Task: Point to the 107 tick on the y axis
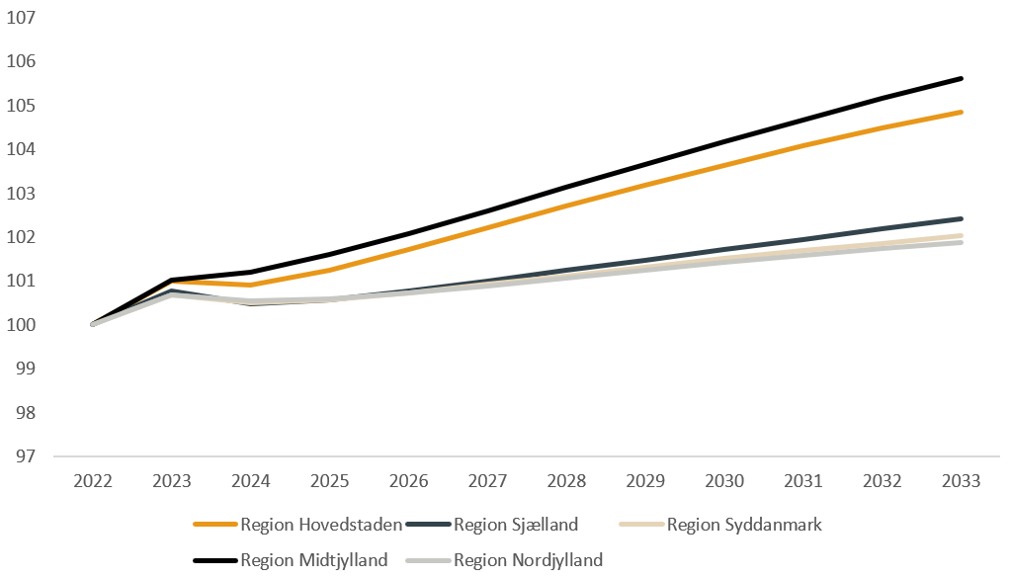coord(21,18)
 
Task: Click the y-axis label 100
coord(21,324)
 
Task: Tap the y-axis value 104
coord(21,149)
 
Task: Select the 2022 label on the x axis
coord(93,481)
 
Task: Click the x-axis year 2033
coord(962,481)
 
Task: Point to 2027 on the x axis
coord(488,481)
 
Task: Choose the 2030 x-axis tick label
coord(724,481)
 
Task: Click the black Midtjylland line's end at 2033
coord(962,78)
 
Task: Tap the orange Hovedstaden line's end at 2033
coord(962,112)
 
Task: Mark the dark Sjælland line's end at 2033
coord(962,218)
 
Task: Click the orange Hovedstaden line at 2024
coord(251,285)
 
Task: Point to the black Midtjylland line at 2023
coord(172,280)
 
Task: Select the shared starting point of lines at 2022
coord(93,324)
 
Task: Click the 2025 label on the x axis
coord(330,481)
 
